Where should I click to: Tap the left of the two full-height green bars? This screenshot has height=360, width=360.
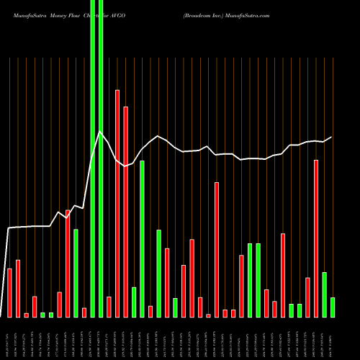[92, 158]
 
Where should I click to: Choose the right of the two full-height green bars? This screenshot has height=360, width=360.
[101, 158]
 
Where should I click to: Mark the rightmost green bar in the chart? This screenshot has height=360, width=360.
[333, 307]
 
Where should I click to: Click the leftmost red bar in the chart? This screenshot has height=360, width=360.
[9, 293]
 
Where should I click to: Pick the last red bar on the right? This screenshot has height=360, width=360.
[316, 238]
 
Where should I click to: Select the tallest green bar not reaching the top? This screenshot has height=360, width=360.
[142, 238]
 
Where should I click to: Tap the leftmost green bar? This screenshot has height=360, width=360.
[42, 315]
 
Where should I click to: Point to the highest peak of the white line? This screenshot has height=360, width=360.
[100, 132]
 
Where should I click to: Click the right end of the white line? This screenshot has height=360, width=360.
[332, 137]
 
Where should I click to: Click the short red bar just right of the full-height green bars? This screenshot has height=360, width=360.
[109, 307]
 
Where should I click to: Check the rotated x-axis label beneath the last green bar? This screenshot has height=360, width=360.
[333, 338]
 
